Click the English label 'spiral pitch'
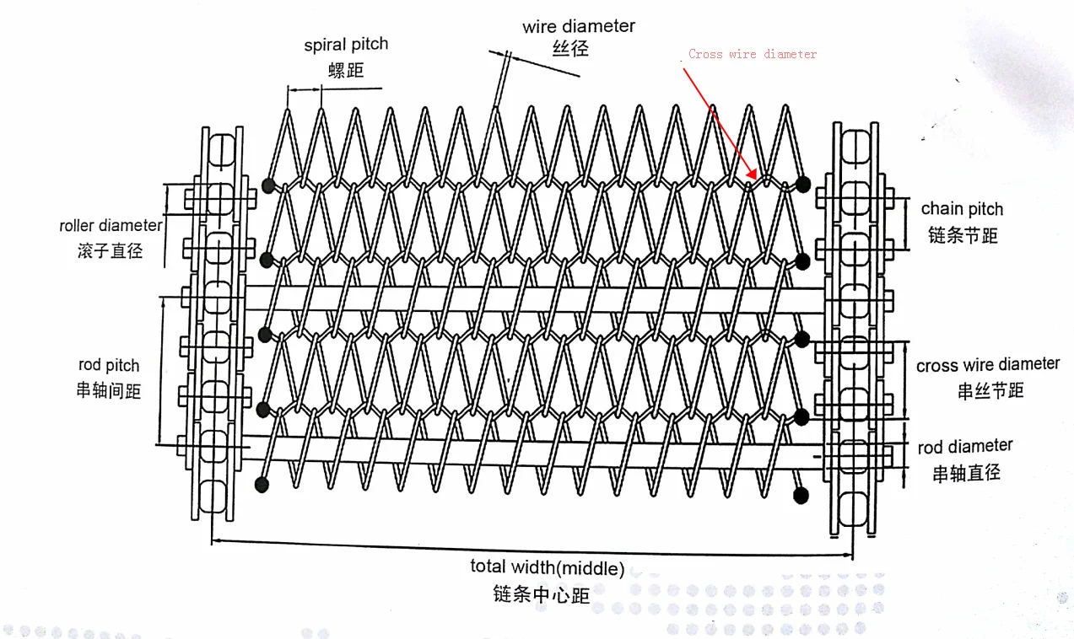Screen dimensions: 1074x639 pyautogui.click(x=346, y=45)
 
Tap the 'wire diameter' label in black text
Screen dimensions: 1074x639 pyautogui.click(x=578, y=26)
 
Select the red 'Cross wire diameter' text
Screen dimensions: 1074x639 pyautogui.click(x=753, y=54)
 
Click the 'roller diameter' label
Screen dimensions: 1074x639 pyautogui.click(x=110, y=225)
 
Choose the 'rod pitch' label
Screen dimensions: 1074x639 pyautogui.click(x=109, y=365)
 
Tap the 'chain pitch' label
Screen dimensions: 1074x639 pyautogui.click(x=962, y=208)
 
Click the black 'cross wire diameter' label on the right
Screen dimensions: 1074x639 pyautogui.click(x=987, y=365)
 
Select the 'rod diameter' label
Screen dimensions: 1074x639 pyautogui.click(x=965, y=446)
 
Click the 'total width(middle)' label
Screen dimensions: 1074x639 pyautogui.click(x=548, y=567)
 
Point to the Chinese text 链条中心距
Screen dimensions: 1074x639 pyautogui.click(x=542, y=594)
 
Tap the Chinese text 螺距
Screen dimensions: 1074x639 pyautogui.click(x=346, y=70)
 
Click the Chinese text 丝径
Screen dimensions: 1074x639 pyautogui.click(x=570, y=50)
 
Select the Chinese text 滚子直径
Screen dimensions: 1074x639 pyautogui.click(x=111, y=250)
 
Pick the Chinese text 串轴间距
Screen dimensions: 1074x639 pyautogui.click(x=109, y=390)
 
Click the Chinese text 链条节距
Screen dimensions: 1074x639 pyautogui.click(x=963, y=235)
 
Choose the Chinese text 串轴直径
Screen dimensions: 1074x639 pyautogui.click(x=966, y=473)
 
